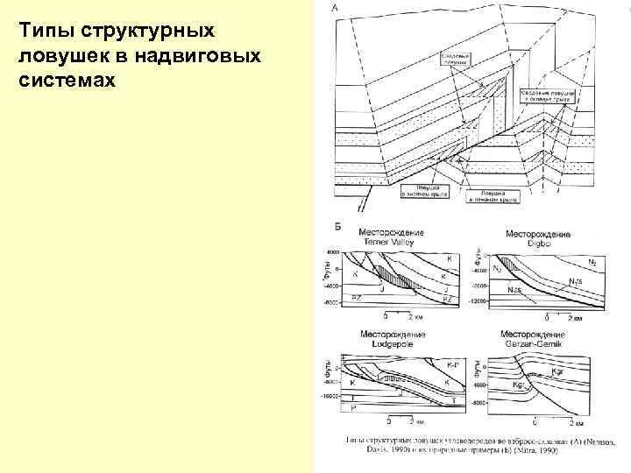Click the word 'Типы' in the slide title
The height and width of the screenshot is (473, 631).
click(45, 31)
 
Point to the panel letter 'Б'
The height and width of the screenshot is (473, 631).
click(338, 226)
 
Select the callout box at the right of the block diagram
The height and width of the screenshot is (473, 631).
click(544, 96)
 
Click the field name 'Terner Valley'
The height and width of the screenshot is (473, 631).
click(391, 242)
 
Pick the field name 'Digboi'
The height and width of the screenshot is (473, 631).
click(535, 243)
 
